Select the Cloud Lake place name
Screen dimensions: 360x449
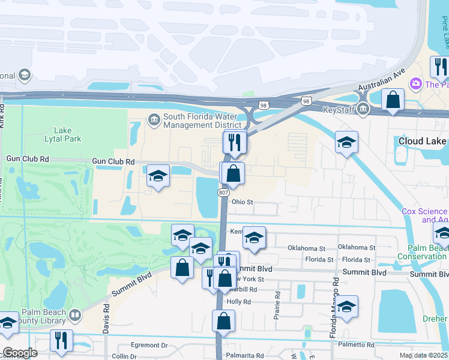coord(423,141)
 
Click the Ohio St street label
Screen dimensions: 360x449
coord(243,202)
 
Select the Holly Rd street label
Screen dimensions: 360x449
coord(238,302)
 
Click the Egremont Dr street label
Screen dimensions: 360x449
coord(148,346)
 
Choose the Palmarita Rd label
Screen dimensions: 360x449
coord(244,356)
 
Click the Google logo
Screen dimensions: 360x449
coord(20,353)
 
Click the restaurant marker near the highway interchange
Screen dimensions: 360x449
coord(235,142)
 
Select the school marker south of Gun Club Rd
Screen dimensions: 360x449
coord(158,176)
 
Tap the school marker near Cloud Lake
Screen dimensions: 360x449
coord(346,143)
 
